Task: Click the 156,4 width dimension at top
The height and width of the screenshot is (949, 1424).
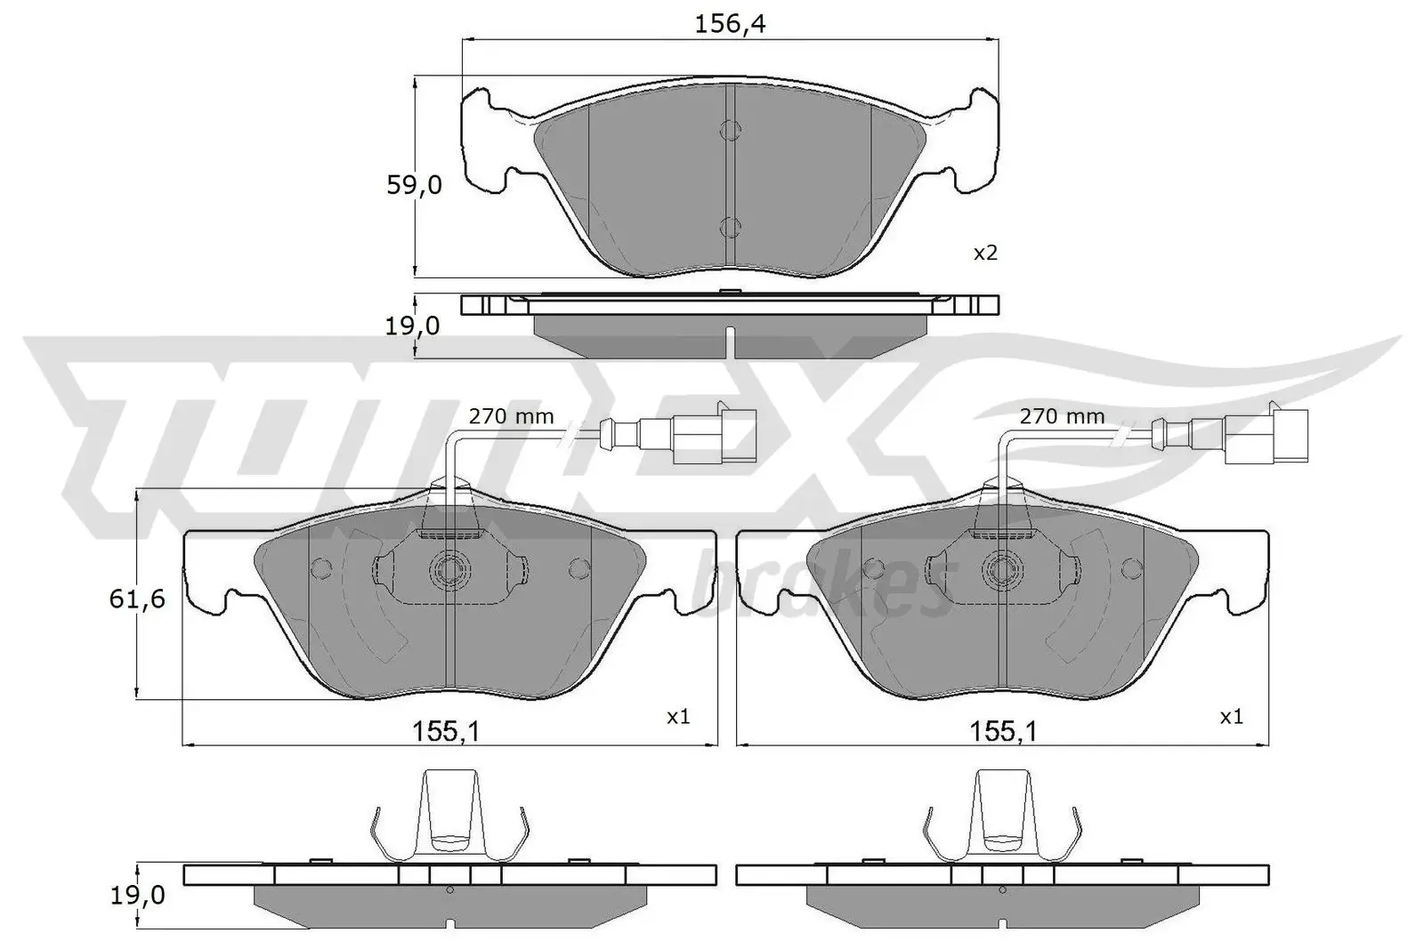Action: point(730,24)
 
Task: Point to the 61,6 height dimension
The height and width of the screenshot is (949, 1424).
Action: point(137,599)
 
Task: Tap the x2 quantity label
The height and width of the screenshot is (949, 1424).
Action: point(985,253)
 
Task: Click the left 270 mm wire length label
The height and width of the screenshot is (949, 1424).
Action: point(512,415)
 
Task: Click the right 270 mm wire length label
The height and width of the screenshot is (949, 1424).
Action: point(1062,415)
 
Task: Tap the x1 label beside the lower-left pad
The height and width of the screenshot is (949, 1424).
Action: point(678,715)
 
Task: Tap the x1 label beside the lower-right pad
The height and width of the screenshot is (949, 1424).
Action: point(1231,715)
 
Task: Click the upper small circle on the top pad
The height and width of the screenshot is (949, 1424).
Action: point(729,132)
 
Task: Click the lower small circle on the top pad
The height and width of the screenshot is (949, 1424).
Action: point(729,227)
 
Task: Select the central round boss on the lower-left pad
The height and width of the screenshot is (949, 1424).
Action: point(449,567)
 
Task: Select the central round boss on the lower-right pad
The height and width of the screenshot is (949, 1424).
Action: point(1001,567)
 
